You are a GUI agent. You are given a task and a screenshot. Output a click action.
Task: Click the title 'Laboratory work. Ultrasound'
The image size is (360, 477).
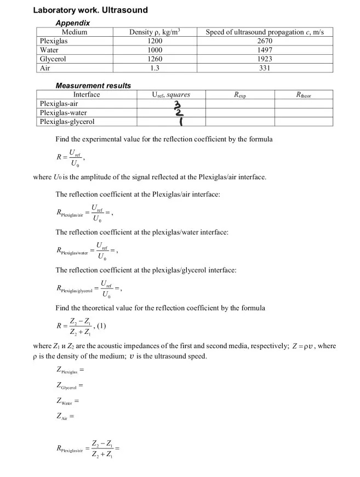click(x=90, y=10)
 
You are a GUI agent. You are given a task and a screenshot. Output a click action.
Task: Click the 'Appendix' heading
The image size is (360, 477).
click(x=73, y=23)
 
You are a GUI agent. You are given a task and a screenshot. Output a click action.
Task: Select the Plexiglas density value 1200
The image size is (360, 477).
click(x=155, y=41)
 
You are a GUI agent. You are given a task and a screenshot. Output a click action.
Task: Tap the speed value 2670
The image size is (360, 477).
click(x=265, y=41)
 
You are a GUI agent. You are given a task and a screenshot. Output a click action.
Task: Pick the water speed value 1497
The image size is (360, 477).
click(x=265, y=50)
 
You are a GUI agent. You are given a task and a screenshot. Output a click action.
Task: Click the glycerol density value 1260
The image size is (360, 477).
click(x=155, y=59)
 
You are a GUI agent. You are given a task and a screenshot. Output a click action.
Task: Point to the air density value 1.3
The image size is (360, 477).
click(x=155, y=68)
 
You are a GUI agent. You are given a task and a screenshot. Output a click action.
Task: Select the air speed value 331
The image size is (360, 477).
click(x=265, y=68)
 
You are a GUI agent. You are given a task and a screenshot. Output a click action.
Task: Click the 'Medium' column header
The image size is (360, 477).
click(x=75, y=32)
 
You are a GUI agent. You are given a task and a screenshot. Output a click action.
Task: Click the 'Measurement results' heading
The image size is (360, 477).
click(x=93, y=86)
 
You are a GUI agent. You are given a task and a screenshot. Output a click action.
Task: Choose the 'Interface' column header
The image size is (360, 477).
click(x=86, y=95)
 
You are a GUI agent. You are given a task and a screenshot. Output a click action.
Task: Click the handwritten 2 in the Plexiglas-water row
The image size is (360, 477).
click(x=179, y=113)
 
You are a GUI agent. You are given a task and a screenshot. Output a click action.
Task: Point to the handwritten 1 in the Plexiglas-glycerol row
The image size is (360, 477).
click(x=180, y=121)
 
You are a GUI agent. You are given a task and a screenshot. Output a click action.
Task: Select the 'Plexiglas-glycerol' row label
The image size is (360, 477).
click(x=67, y=122)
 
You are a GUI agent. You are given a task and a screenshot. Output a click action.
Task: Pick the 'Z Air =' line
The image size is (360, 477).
click(x=66, y=416)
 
